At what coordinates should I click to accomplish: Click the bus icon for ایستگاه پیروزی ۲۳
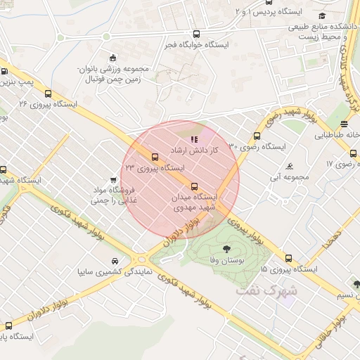click(154, 156)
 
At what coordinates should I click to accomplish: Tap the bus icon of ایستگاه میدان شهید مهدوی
click(195, 186)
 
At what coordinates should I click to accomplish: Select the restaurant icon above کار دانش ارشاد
click(194, 139)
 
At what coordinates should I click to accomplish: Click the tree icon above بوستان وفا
click(226, 249)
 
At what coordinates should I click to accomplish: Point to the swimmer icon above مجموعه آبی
click(290, 166)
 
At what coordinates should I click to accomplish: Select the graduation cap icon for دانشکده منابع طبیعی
click(322, 16)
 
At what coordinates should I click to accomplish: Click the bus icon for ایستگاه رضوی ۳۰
click(257, 136)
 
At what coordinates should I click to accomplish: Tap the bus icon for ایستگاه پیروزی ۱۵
click(288, 258)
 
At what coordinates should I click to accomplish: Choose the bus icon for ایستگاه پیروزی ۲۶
click(48, 93)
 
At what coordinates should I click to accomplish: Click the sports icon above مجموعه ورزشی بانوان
click(112, 58)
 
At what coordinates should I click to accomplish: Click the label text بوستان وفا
click(226, 261)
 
